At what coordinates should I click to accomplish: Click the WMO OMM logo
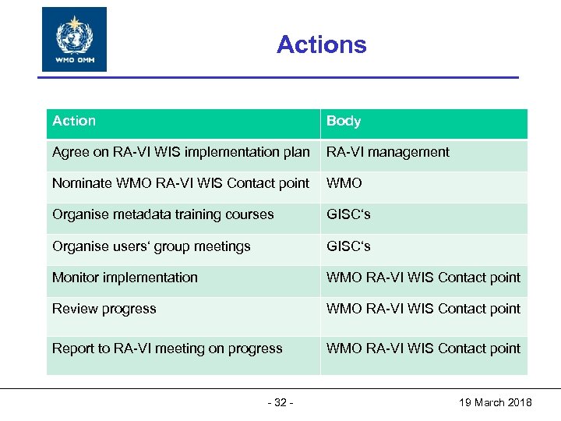(74, 40)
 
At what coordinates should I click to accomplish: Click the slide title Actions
(321, 44)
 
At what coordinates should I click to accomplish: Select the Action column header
(74, 121)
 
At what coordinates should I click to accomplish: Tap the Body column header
(344, 121)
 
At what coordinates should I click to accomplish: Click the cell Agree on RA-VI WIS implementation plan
(181, 152)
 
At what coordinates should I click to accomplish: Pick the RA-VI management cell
(388, 152)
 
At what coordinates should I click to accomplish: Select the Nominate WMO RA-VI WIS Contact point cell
(181, 183)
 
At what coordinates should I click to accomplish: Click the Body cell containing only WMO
(344, 183)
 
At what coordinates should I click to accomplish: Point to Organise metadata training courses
(163, 214)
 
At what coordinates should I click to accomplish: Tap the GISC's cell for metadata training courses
(348, 214)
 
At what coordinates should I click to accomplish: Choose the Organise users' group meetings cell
(151, 246)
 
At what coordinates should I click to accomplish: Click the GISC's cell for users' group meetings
(348, 246)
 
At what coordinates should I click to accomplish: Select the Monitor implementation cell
(125, 278)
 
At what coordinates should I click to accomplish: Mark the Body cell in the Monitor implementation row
(423, 278)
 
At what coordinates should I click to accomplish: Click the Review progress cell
(104, 309)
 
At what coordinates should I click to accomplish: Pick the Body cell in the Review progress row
(423, 309)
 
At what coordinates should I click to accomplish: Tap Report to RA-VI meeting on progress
(168, 348)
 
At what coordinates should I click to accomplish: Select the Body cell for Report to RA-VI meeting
(423, 348)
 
